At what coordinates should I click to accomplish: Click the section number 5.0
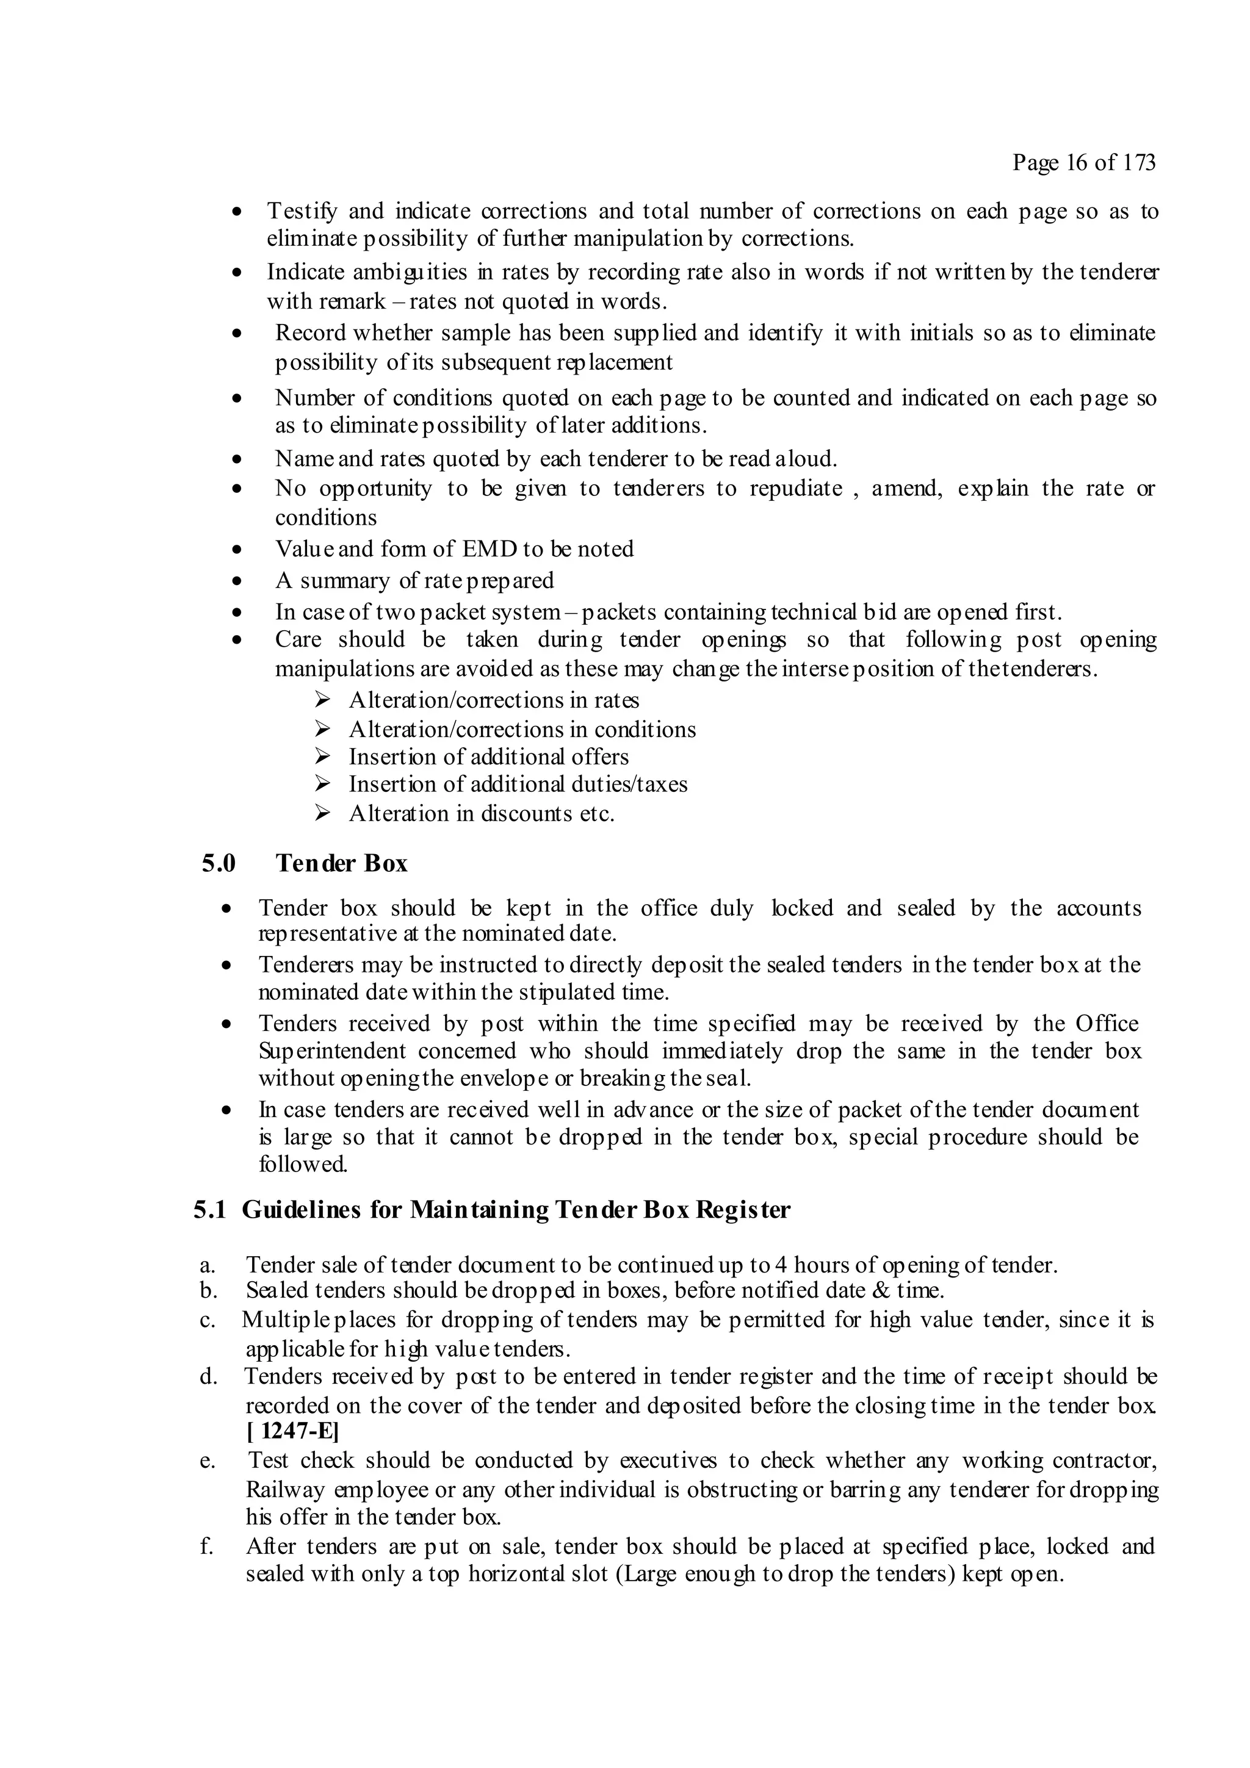click(x=219, y=863)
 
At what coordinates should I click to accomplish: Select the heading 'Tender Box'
click(x=341, y=863)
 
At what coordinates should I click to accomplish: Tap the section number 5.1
click(x=209, y=1210)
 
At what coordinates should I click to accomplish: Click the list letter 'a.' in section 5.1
click(x=207, y=1265)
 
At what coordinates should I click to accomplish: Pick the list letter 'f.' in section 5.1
click(x=206, y=1546)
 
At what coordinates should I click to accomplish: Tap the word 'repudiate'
click(x=796, y=489)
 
